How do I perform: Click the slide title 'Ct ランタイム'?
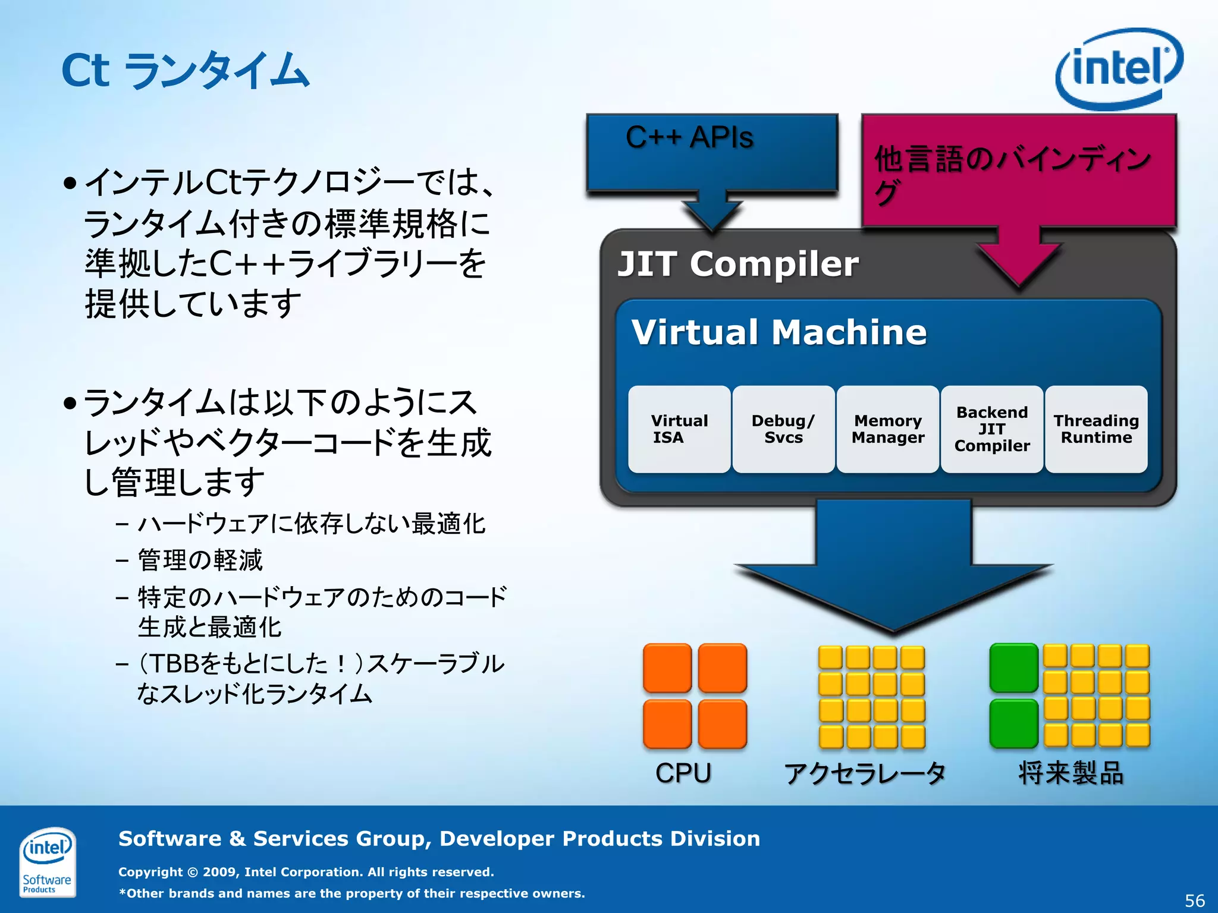(x=186, y=71)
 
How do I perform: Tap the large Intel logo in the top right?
(x=1119, y=68)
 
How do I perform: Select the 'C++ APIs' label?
(x=689, y=137)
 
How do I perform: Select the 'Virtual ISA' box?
(x=679, y=429)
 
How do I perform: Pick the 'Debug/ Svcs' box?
(x=783, y=429)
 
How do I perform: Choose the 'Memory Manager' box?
(x=888, y=429)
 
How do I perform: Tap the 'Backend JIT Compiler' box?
(x=992, y=429)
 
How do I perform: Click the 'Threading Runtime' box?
(x=1096, y=429)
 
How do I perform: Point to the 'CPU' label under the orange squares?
(x=683, y=773)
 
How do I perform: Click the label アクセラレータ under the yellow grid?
(x=865, y=773)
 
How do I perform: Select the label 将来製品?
(x=1071, y=773)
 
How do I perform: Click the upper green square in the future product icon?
(x=1013, y=668)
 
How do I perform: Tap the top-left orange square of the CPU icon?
(x=667, y=668)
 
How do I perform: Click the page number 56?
(x=1194, y=900)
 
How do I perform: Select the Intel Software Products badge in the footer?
(x=47, y=861)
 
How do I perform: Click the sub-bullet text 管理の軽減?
(x=200, y=560)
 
